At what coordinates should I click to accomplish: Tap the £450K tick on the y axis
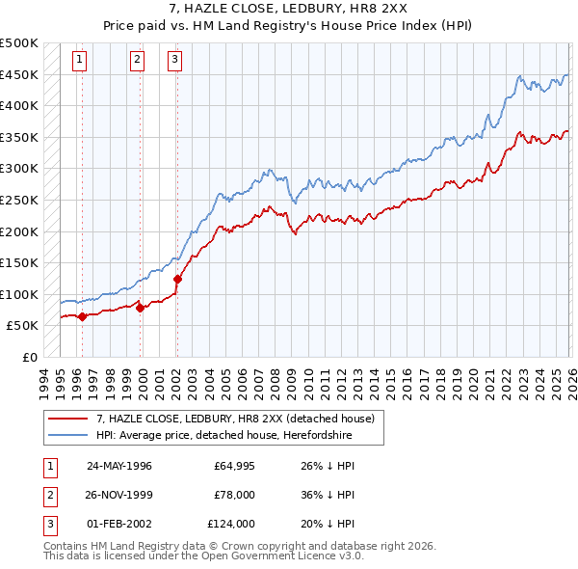pos(19,74)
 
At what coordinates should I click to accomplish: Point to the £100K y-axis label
pos(19,294)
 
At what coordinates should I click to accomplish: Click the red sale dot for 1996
pos(83,315)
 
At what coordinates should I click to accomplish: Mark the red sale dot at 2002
pos(177,279)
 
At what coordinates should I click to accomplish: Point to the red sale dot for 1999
pos(141,308)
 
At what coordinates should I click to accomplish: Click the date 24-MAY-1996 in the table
pos(119,466)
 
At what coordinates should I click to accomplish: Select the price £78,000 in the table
pos(235,495)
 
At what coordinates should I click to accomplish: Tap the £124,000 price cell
pos(232,524)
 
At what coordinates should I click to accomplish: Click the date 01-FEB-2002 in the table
pos(119,524)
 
